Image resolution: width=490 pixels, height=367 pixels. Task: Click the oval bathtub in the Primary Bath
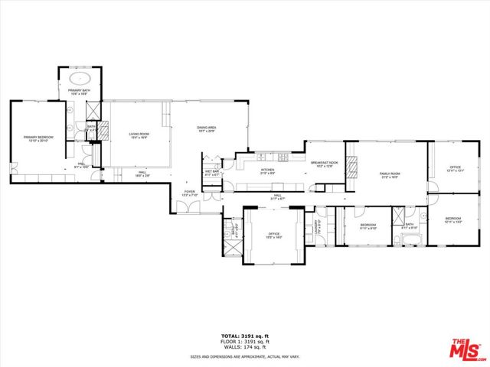[80, 79]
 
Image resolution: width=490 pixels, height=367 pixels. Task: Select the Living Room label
[139, 135]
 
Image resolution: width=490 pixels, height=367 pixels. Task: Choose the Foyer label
[190, 194]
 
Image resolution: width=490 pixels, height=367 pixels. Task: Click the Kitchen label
[267, 171]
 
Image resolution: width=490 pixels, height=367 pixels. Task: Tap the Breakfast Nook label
[324, 164]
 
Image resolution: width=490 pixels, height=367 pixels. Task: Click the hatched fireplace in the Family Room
[352, 167]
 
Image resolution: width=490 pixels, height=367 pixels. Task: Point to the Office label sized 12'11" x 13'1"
[455, 169]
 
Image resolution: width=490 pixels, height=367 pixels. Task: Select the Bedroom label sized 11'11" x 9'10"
[368, 226]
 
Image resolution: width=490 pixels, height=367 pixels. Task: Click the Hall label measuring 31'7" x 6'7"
[277, 198]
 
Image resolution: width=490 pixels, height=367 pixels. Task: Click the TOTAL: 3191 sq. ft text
[245, 336]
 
